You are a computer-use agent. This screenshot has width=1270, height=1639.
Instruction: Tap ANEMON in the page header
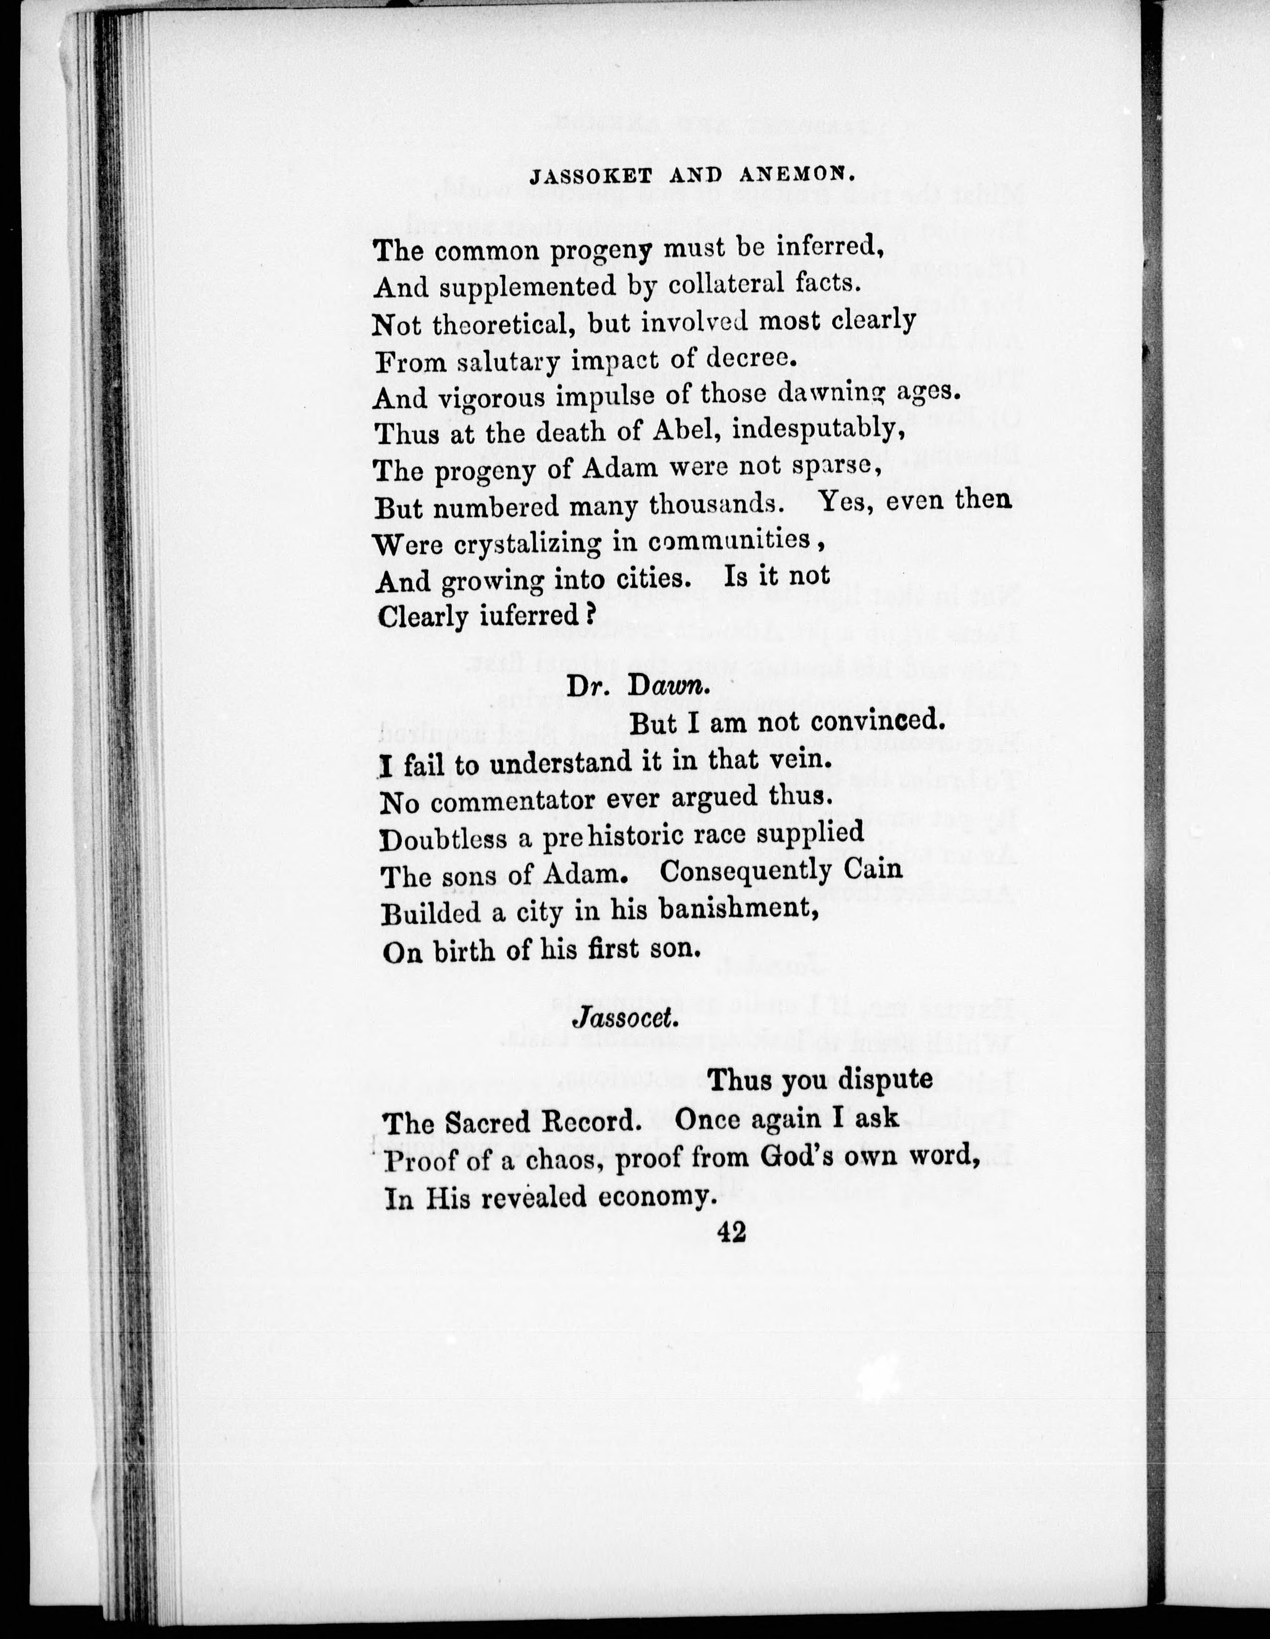tap(798, 175)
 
